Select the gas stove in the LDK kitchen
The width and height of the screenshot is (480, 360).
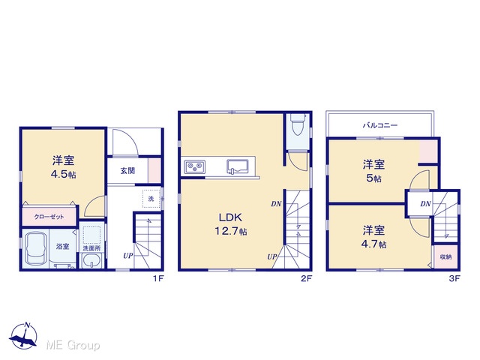coord(195,167)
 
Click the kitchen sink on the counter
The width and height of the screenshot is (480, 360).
coord(236,166)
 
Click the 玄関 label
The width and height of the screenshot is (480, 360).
coord(127,170)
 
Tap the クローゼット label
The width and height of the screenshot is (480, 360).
coord(49,217)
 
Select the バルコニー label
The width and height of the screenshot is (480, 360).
coord(380,125)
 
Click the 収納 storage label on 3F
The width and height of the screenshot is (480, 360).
coord(445,256)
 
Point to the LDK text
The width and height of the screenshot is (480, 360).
coord(230,217)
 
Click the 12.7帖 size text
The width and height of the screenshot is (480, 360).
coord(230,231)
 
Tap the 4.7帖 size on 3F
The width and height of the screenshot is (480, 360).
coord(373,244)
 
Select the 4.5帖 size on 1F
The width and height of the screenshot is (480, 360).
coord(63,174)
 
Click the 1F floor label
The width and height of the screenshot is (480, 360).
coord(158,278)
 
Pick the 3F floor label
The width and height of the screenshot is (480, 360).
coord(454,278)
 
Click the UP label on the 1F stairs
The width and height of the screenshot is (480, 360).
coord(128,255)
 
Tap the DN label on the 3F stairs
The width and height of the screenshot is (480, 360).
coord(425,203)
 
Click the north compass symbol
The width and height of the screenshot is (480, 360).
coord(24,335)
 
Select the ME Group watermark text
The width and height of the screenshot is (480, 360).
coord(73,345)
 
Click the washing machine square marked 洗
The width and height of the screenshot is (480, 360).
coord(151,199)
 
